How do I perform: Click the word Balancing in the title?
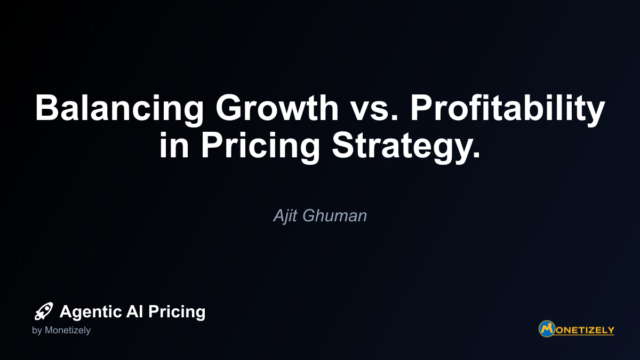point(119,109)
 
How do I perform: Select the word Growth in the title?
point(277,108)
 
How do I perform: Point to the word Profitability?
point(508,109)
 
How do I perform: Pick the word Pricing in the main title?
point(260,147)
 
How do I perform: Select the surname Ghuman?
point(334,215)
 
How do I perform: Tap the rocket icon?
point(44,311)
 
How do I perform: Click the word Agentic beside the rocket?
point(91,312)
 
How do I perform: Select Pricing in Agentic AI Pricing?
point(177,312)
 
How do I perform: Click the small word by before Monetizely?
point(37,331)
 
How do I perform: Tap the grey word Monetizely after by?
point(67,331)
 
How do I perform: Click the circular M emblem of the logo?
point(547,329)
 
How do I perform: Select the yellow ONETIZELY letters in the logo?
point(585,330)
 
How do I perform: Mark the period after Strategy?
point(477,155)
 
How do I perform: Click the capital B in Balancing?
point(47,108)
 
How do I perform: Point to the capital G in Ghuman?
point(309,215)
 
